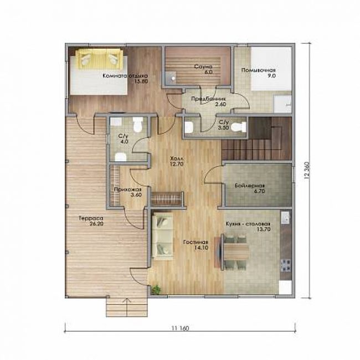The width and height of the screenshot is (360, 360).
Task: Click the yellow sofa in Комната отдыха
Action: pos(99,59)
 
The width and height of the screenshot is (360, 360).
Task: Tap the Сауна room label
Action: pos(203,69)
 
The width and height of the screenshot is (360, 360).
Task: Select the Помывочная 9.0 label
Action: pos(259,73)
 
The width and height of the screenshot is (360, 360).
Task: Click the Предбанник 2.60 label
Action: pos(208,101)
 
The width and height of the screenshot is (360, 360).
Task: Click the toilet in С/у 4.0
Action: pos(138,125)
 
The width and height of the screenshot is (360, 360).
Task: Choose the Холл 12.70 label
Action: pos(177,161)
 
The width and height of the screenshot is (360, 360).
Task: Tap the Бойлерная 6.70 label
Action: pos(250,188)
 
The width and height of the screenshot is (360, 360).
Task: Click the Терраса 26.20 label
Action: pos(91,221)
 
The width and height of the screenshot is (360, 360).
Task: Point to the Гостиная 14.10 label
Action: pos(196,245)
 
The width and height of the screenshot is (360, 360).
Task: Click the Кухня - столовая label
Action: pos(248,224)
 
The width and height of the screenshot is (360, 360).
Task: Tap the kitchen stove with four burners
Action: pos(286,265)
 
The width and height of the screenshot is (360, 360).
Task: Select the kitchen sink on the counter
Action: pos(286,217)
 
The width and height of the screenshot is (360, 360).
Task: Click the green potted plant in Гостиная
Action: pos(156,290)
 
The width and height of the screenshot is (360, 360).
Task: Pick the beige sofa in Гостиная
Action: pos(162,236)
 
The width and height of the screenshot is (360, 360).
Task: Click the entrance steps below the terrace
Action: pos(127,307)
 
